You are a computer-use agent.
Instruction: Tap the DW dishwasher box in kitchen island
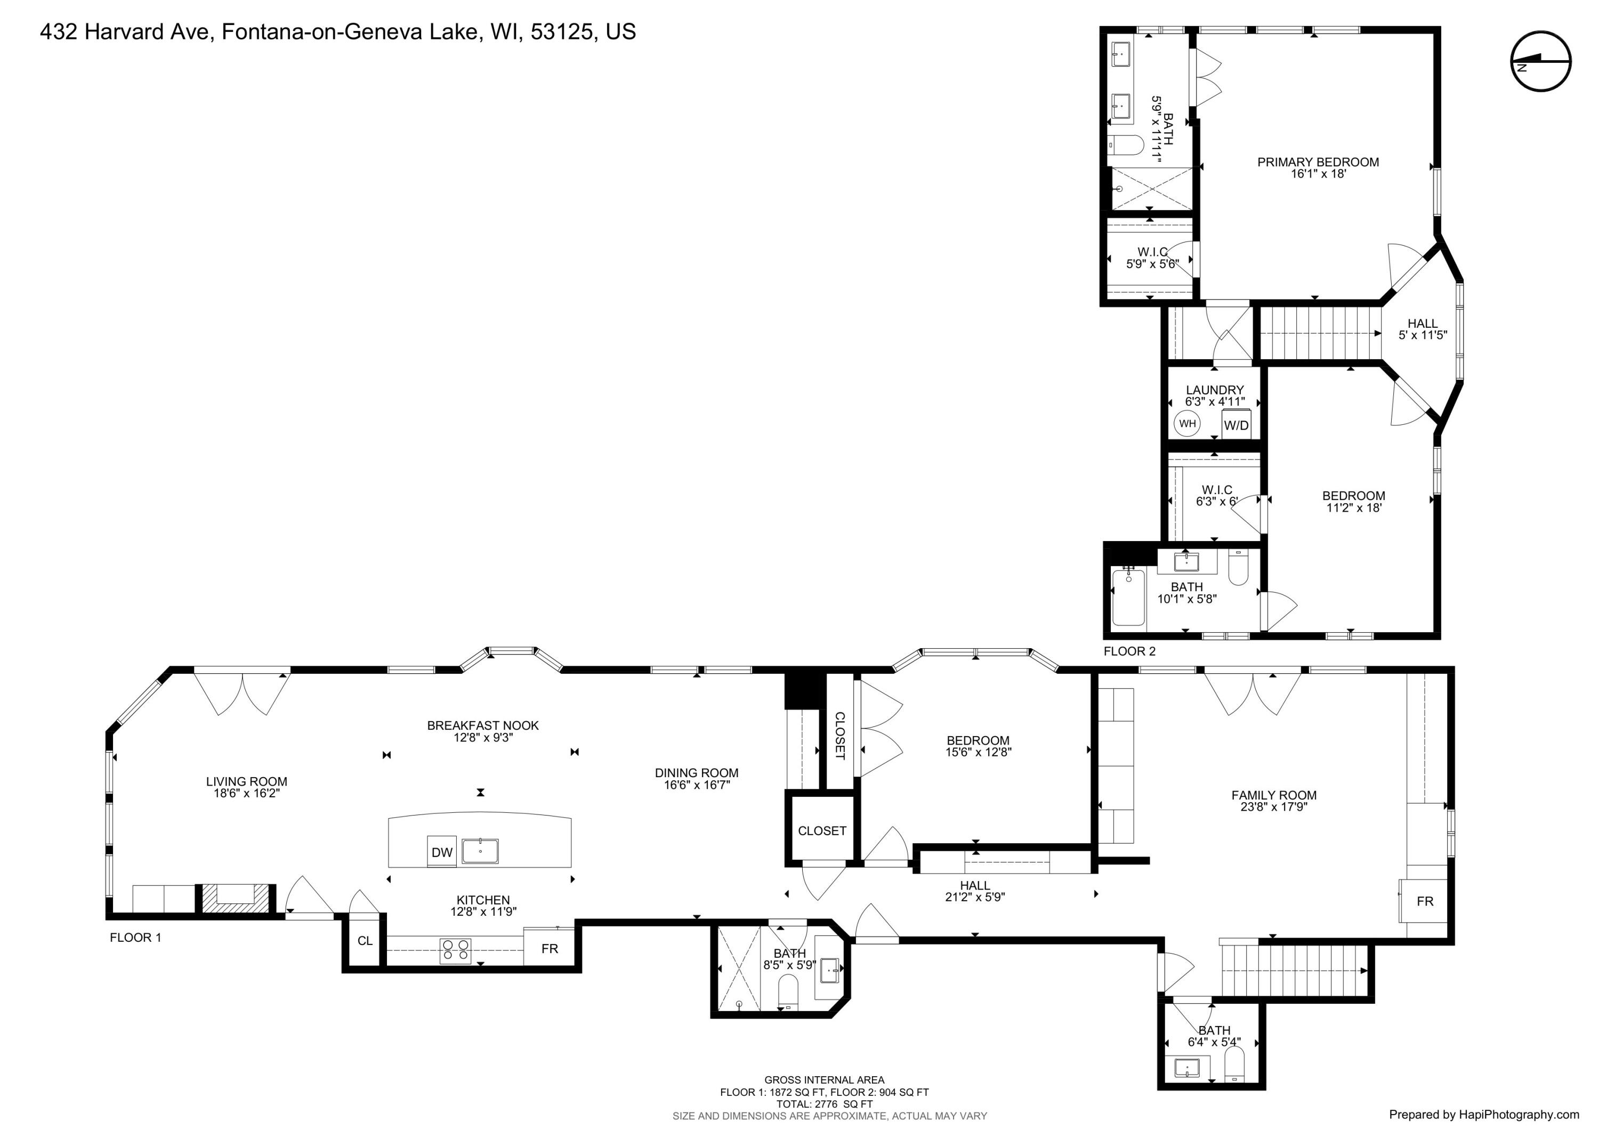[441, 852]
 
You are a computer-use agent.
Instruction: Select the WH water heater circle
[1186, 423]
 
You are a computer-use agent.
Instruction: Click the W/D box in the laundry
[1236, 424]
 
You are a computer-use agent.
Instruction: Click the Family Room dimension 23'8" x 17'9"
[1274, 807]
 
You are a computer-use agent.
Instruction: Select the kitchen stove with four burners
[456, 950]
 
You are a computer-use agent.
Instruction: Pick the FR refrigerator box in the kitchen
[550, 948]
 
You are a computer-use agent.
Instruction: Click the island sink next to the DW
[480, 851]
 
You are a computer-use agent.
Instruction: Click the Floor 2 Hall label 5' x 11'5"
[1422, 329]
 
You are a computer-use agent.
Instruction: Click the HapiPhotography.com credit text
[1483, 1115]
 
